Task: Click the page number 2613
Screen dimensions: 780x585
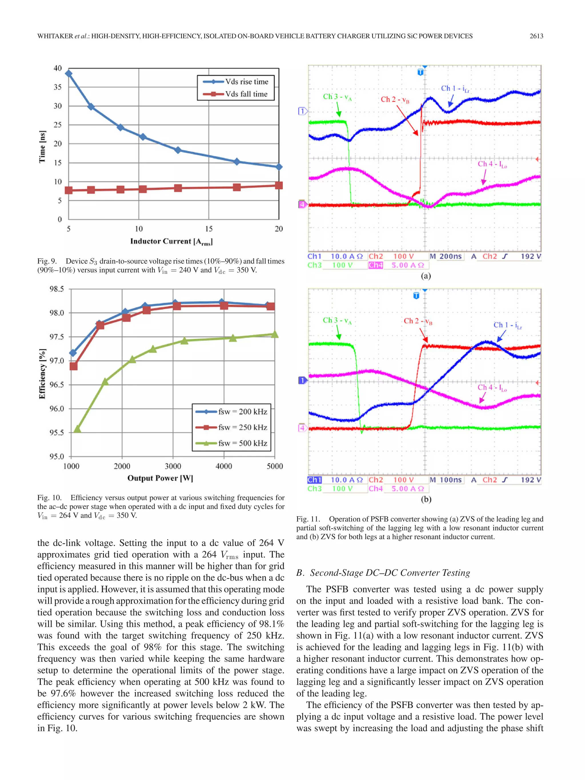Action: pos(536,36)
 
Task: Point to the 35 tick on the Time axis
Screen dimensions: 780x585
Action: pos(57,87)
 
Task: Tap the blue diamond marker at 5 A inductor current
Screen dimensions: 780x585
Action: pos(69,73)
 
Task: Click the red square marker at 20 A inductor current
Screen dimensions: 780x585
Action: pos(279,185)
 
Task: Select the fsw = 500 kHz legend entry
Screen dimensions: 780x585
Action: pos(231,443)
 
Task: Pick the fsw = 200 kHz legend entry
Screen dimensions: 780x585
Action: pos(231,412)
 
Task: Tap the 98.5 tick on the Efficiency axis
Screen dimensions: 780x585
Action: pos(57,289)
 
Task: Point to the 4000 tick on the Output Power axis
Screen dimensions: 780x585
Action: pos(224,466)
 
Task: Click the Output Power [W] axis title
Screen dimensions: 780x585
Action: pos(160,478)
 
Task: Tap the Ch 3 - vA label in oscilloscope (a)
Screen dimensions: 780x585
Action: pos(337,97)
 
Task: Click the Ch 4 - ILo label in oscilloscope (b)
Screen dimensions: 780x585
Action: pos(492,388)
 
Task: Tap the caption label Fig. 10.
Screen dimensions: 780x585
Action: pos(49,498)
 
